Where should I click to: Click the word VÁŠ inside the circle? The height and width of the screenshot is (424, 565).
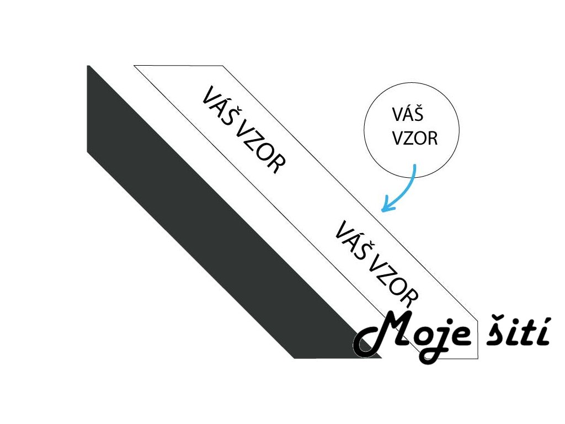pyautogui.click(x=407, y=116)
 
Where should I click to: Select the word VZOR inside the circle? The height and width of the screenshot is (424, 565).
pyautogui.click(x=415, y=138)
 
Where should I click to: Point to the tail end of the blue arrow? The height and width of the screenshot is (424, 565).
pyautogui.click(x=414, y=165)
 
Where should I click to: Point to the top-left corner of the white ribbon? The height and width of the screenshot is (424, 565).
pyautogui.click(x=135, y=66)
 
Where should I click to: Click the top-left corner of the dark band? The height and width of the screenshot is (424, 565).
pyautogui.click(x=88, y=66)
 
